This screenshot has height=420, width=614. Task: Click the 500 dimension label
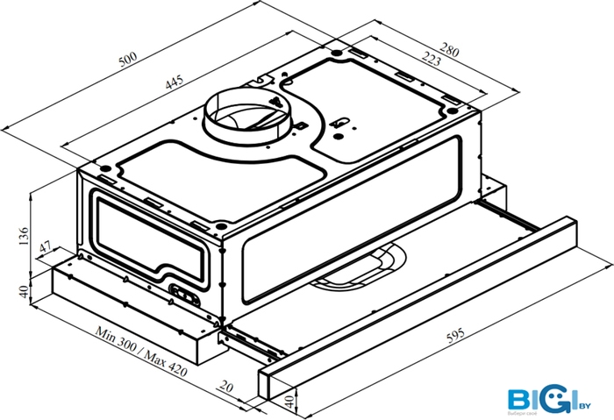128,60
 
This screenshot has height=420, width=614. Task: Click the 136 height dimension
24,236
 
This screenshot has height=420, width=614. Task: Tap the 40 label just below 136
24,288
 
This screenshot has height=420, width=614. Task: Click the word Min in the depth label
108,333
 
